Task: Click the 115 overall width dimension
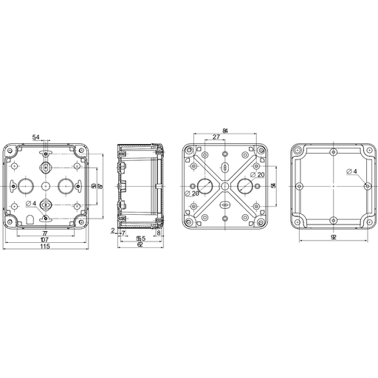(x=45, y=246)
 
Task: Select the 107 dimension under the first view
(x=45, y=239)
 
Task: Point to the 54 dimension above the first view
(x=36, y=137)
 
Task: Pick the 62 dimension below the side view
(x=140, y=244)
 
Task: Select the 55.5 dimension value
(x=140, y=238)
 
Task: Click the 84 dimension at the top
(x=224, y=131)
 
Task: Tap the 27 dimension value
(x=215, y=137)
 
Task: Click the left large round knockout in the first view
(x=27, y=185)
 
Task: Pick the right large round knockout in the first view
(x=64, y=185)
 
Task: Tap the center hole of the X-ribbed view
(x=225, y=185)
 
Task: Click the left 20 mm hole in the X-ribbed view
(x=205, y=185)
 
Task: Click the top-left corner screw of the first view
(x=10, y=151)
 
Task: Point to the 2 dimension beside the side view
(x=112, y=231)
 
